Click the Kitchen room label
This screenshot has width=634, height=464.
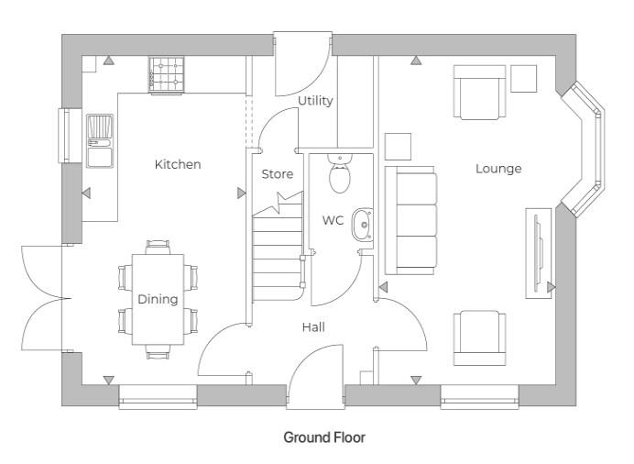[x=177, y=164]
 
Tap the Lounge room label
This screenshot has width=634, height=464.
[x=498, y=169]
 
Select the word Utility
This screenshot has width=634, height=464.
[x=315, y=101]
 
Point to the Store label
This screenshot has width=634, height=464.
[x=278, y=174]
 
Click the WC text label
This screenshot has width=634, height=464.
[x=332, y=220]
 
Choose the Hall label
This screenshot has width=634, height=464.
[x=313, y=326]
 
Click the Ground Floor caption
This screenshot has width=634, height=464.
[x=323, y=437]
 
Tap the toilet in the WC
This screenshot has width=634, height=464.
[x=341, y=174]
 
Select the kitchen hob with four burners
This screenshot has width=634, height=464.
[x=167, y=73]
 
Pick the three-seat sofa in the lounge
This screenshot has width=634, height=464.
[x=410, y=220]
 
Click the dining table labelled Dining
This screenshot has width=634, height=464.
[x=158, y=300]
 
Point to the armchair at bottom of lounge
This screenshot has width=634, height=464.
[x=480, y=337]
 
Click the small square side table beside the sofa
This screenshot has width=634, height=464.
[x=398, y=147]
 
